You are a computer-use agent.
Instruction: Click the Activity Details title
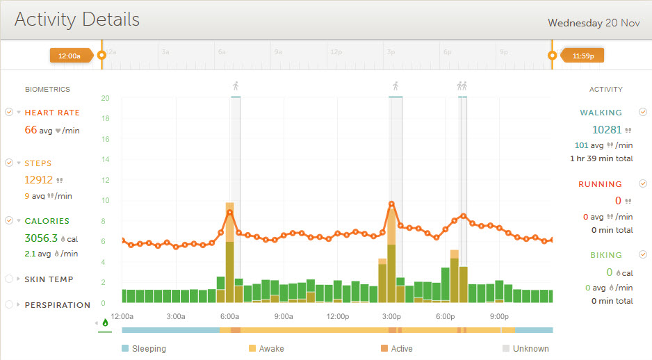(x=77, y=19)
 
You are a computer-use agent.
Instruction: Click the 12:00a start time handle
(x=70, y=56)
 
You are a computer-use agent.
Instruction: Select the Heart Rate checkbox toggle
(x=9, y=112)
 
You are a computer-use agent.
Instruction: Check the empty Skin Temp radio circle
(x=9, y=279)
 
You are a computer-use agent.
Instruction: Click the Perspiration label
(x=58, y=304)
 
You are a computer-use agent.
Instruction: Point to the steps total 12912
(x=38, y=179)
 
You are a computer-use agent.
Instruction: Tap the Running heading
(x=600, y=184)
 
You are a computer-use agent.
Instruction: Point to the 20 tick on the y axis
(x=105, y=98)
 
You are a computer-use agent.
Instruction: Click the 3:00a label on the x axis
(x=176, y=316)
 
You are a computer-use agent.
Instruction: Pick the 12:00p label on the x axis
(x=337, y=316)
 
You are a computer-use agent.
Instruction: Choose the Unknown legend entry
(x=525, y=349)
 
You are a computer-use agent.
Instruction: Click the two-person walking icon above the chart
(x=462, y=86)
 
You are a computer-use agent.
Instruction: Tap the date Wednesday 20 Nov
(x=594, y=23)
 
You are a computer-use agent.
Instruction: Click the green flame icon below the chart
(x=105, y=322)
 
